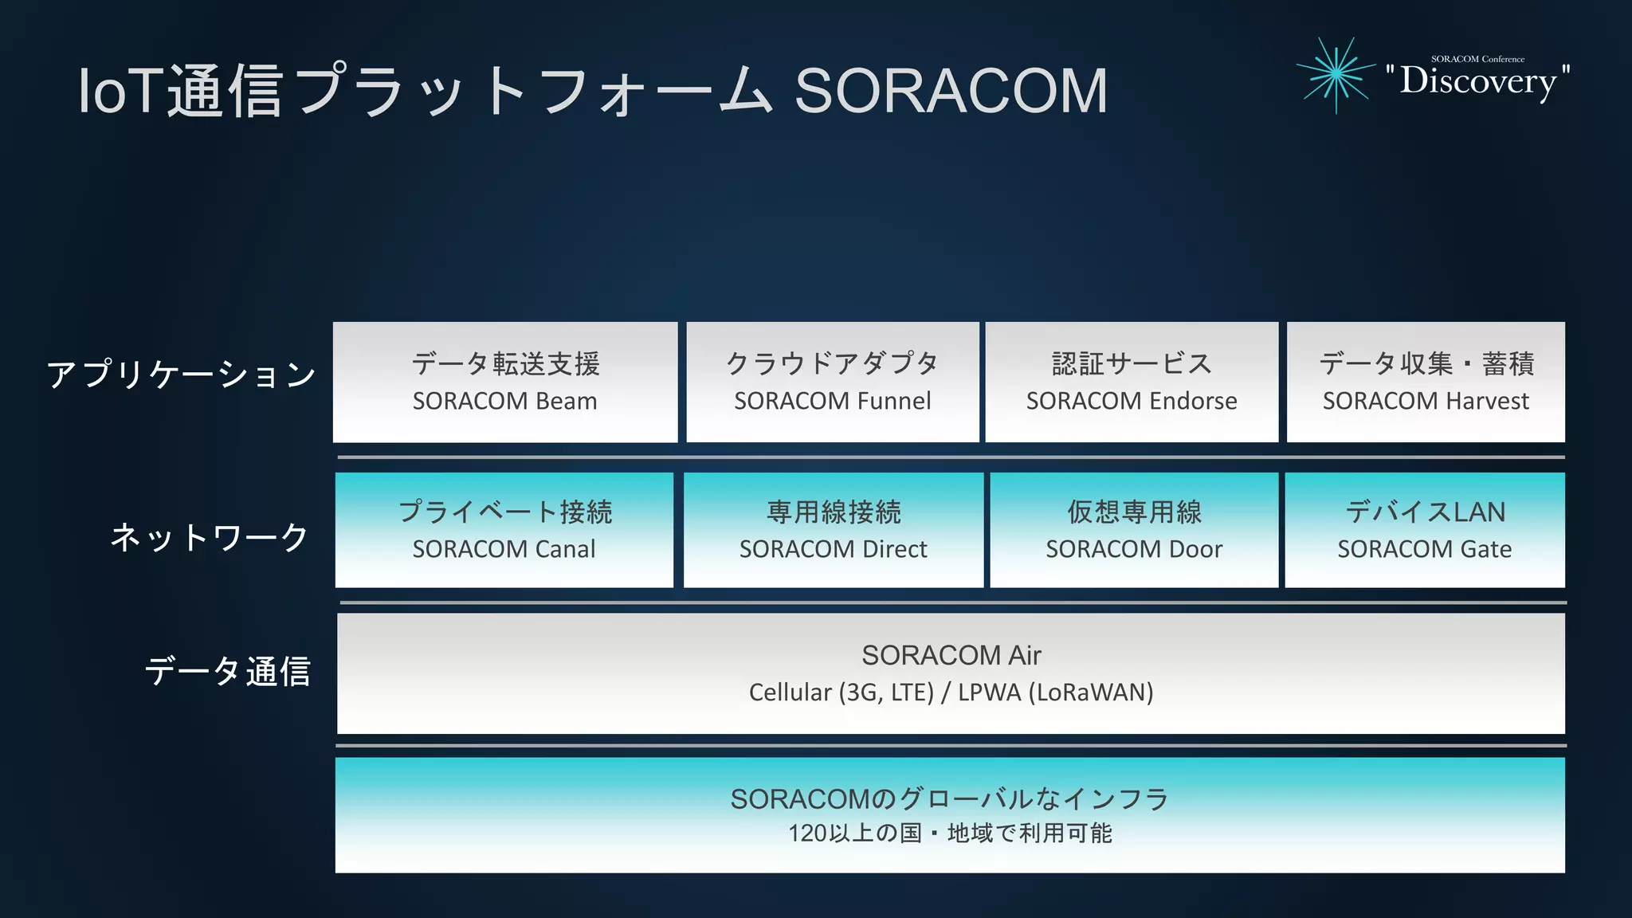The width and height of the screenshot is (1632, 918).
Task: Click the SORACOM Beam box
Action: (x=505, y=382)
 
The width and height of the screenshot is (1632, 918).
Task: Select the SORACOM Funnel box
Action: (x=833, y=382)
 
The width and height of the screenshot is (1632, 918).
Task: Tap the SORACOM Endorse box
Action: (x=1132, y=382)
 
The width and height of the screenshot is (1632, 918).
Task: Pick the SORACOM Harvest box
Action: (x=1426, y=382)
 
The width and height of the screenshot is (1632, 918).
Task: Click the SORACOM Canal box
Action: (x=504, y=531)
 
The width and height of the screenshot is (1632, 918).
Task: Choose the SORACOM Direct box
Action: (x=834, y=531)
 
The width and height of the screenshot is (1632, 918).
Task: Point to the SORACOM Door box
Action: (x=1134, y=531)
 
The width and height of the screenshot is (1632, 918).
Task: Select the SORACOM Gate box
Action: (x=1425, y=531)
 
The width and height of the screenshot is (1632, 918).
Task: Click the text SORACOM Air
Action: (x=951, y=655)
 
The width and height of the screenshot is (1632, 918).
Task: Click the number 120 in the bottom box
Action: (x=807, y=834)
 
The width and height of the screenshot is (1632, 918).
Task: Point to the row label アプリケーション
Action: (x=182, y=375)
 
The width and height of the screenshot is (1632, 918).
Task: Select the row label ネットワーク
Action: (x=210, y=537)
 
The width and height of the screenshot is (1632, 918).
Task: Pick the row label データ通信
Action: (x=228, y=671)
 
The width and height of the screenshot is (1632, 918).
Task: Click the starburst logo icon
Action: (x=1336, y=74)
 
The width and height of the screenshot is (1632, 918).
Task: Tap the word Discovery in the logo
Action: (x=1478, y=81)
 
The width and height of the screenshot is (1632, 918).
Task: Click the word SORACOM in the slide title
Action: (x=951, y=91)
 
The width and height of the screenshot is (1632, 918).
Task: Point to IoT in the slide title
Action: (x=120, y=91)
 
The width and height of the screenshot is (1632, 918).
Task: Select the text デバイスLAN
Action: (x=1426, y=512)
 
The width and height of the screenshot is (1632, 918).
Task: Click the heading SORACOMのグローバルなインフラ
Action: (x=950, y=798)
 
